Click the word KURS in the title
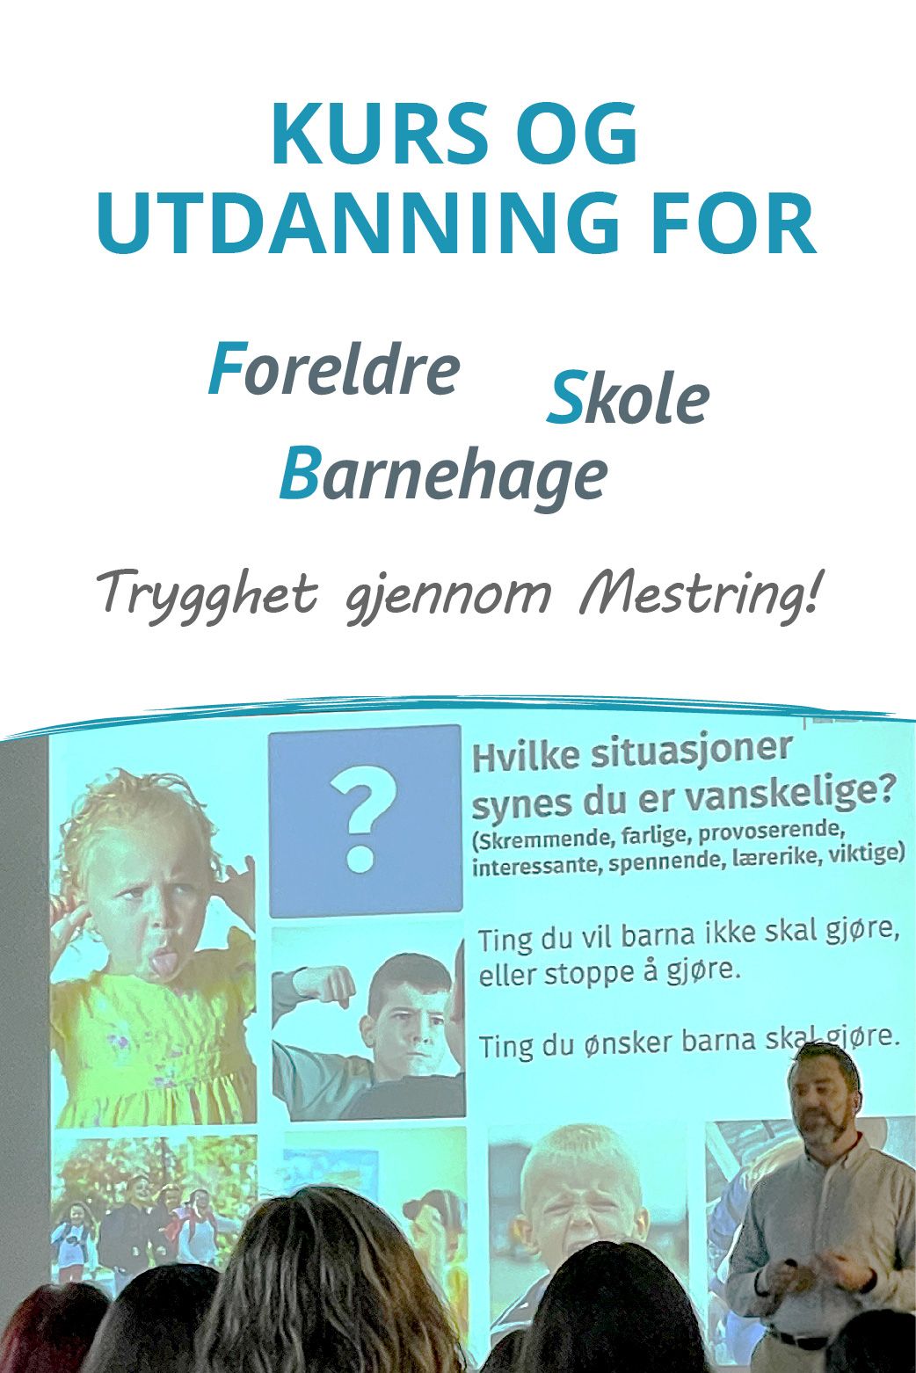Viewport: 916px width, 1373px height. click(x=378, y=136)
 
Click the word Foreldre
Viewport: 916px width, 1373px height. click(x=334, y=370)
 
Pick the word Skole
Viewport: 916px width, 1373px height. click(x=628, y=400)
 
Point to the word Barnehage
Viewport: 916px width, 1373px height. click(x=444, y=475)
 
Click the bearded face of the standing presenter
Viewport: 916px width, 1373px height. click(x=822, y=1103)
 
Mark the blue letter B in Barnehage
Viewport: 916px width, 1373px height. click(x=299, y=475)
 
